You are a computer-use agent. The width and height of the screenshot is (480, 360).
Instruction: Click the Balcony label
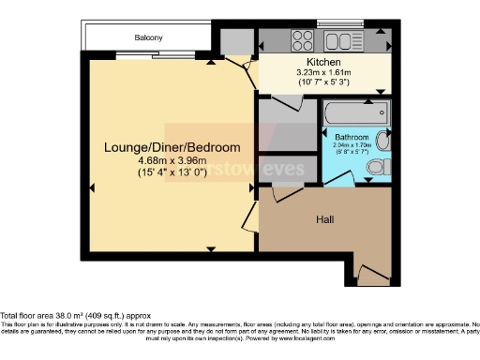pos(148,37)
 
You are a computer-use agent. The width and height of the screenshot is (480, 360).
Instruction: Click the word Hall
pos(325,218)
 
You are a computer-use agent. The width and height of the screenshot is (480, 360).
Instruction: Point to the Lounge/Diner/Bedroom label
pos(171,147)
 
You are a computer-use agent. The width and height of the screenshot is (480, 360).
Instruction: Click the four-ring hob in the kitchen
pos(303,40)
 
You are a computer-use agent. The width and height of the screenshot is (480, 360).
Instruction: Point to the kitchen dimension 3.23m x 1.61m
pos(322,71)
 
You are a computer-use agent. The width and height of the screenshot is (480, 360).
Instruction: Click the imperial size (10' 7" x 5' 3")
pos(322,82)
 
